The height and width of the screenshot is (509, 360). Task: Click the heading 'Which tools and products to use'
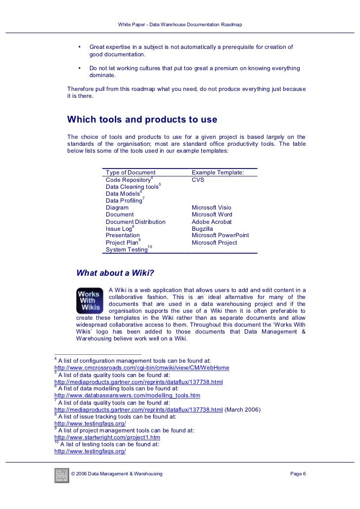[x=142, y=120]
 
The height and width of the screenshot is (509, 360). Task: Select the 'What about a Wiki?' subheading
[x=115, y=272]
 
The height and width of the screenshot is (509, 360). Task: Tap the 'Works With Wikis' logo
[x=90, y=300]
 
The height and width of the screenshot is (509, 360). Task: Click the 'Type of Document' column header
[x=131, y=172]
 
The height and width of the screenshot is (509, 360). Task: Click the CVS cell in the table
[x=198, y=180]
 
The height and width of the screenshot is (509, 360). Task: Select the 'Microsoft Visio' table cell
[x=211, y=208]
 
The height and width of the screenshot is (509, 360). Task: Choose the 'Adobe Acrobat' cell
[x=212, y=222]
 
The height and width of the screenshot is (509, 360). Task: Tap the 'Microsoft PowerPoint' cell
[x=220, y=236]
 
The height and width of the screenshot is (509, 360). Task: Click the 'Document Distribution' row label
[x=135, y=222]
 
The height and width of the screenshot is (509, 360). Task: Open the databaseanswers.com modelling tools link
[x=127, y=396]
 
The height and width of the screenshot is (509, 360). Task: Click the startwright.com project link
[x=107, y=438]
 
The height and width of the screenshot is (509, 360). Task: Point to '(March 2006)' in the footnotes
[x=243, y=410]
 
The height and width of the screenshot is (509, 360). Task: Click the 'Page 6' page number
[x=298, y=475]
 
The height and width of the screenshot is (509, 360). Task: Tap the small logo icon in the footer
[x=61, y=475]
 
